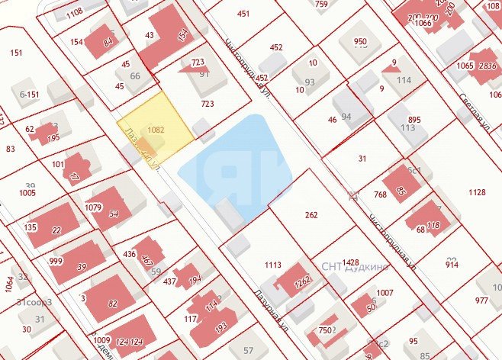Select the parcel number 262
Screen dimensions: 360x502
click(311, 215)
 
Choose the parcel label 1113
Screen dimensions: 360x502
click(273, 265)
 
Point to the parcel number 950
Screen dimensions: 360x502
click(360, 42)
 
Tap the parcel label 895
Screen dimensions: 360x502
click(414, 121)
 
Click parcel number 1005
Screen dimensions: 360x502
click(28, 193)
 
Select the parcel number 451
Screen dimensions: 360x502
click(243, 14)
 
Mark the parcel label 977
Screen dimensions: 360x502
click(481, 301)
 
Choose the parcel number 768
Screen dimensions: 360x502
click(380, 195)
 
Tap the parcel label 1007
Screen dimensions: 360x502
click(385, 293)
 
